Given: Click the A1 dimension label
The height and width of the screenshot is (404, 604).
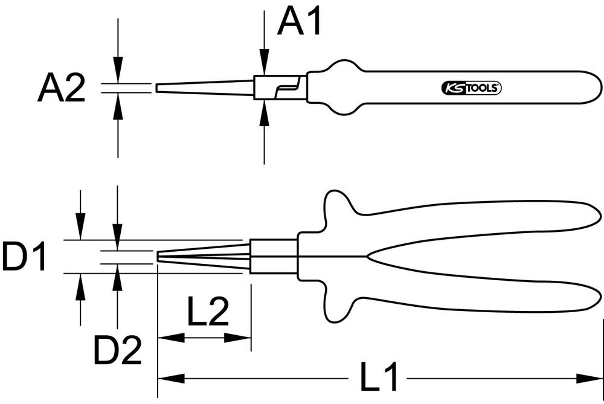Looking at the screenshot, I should (x=300, y=23).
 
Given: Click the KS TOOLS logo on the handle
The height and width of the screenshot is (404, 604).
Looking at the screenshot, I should (x=469, y=88).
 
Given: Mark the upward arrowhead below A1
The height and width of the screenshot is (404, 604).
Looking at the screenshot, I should (x=264, y=112).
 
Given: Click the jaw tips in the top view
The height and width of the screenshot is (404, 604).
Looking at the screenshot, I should (x=160, y=256).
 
